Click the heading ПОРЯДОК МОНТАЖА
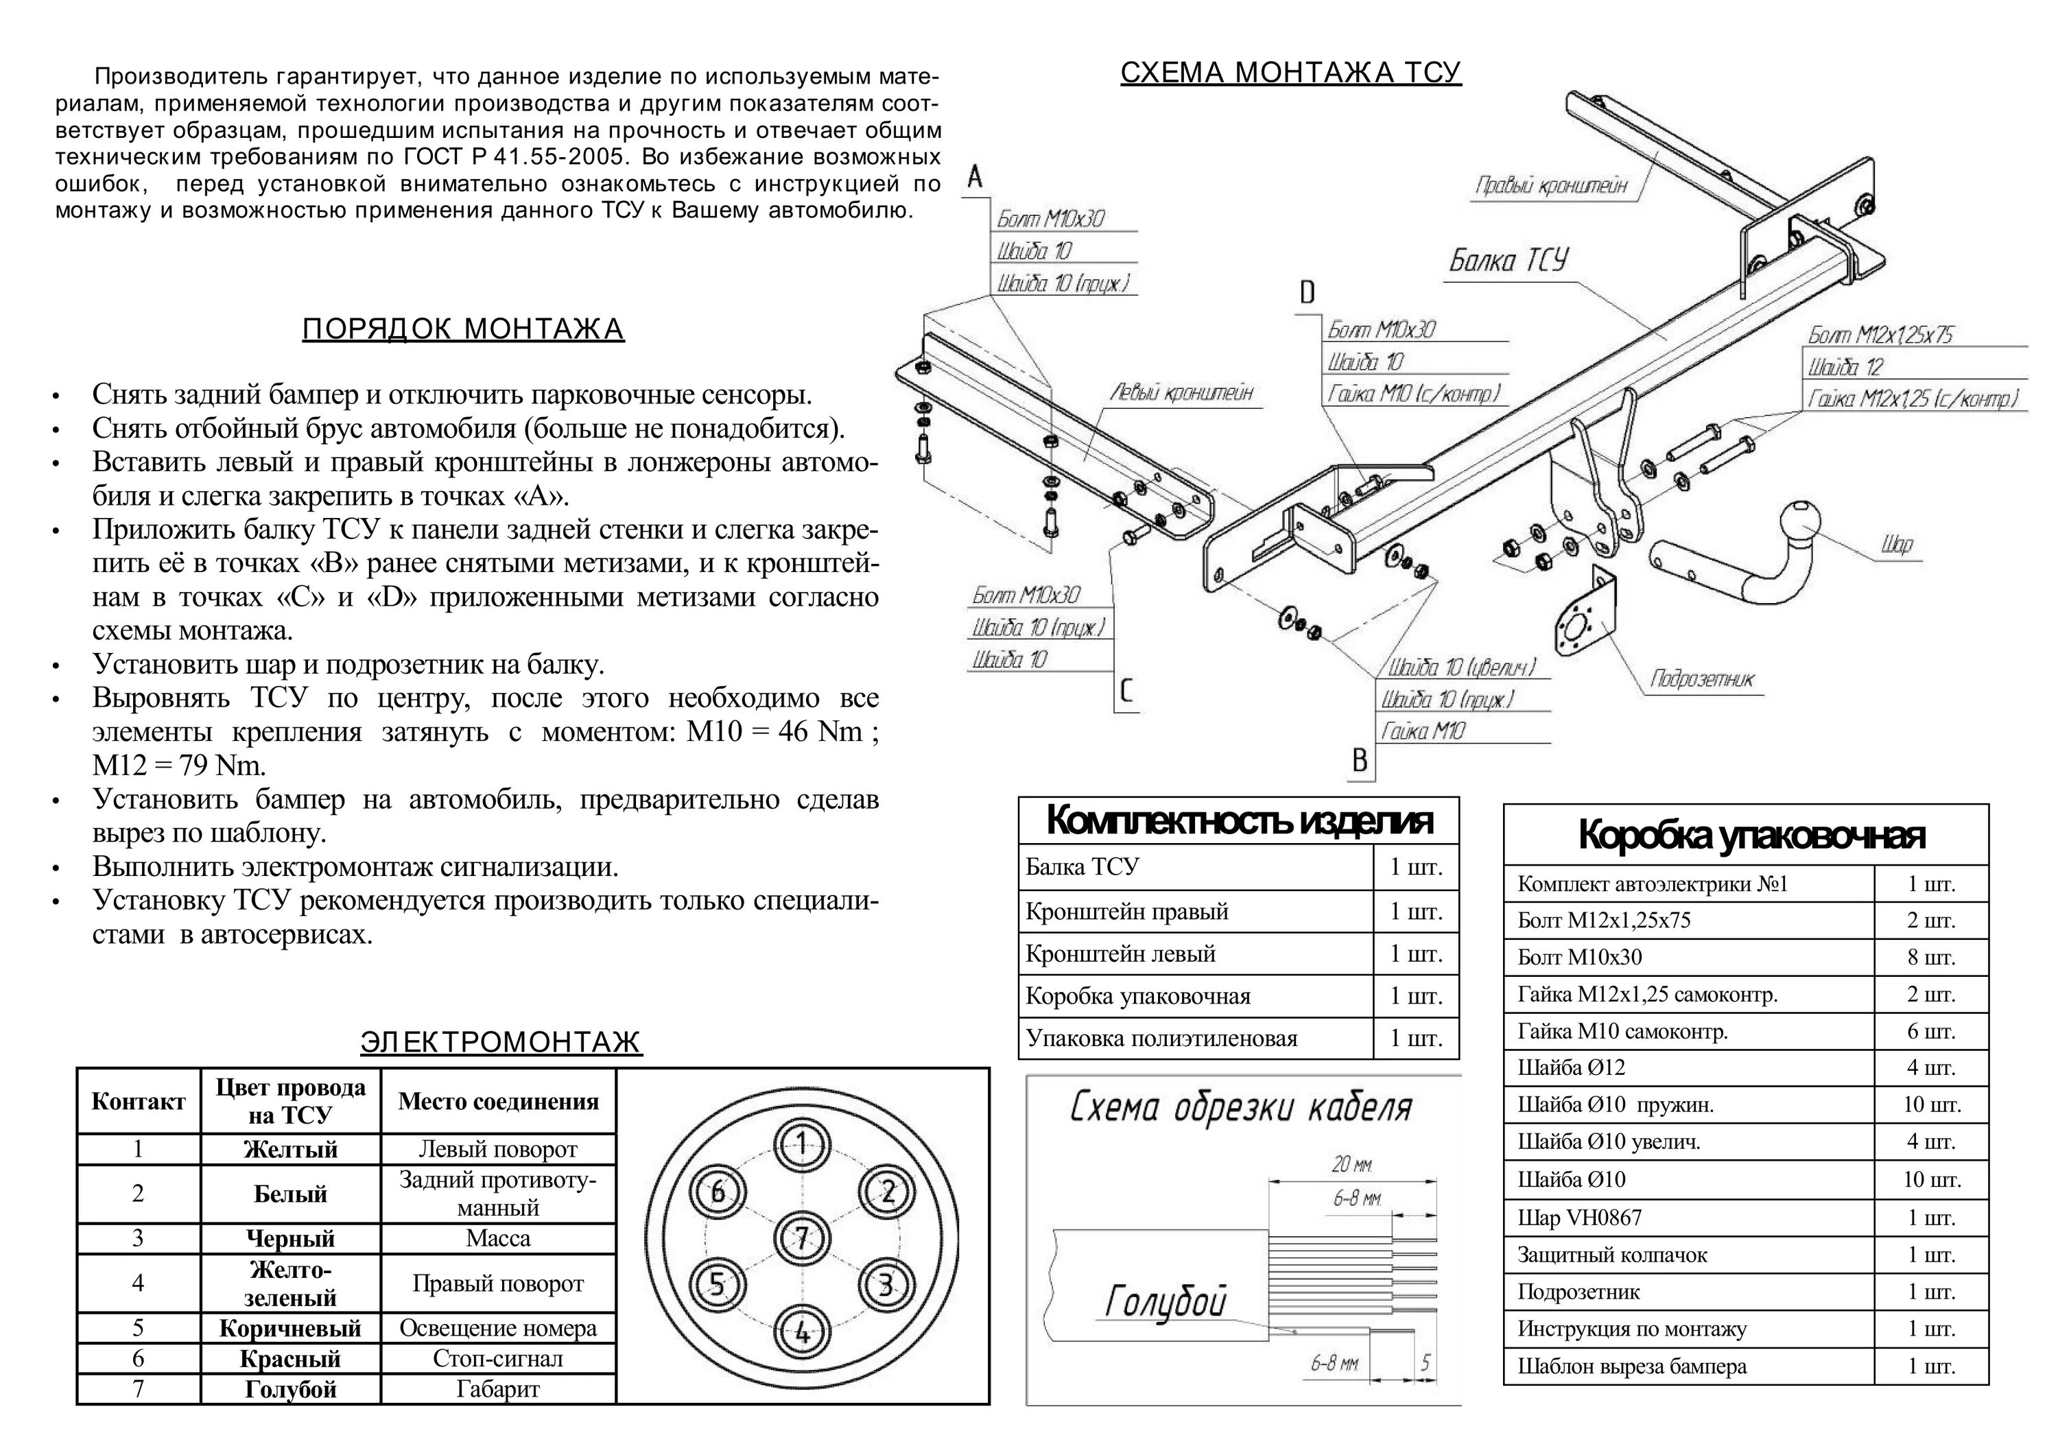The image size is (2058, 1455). point(462,330)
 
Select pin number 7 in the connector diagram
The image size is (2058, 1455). point(801,1238)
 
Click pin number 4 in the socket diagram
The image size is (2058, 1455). point(801,1333)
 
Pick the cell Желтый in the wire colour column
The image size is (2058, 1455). point(290,1149)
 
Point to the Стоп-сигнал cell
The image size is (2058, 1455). point(497,1358)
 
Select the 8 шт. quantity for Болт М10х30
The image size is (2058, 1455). point(1930,958)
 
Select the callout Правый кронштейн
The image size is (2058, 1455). point(1550,186)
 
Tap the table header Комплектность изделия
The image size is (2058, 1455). point(1239,820)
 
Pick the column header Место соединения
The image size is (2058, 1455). point(497,1101)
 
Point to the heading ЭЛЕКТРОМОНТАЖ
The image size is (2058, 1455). point(501,1042)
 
